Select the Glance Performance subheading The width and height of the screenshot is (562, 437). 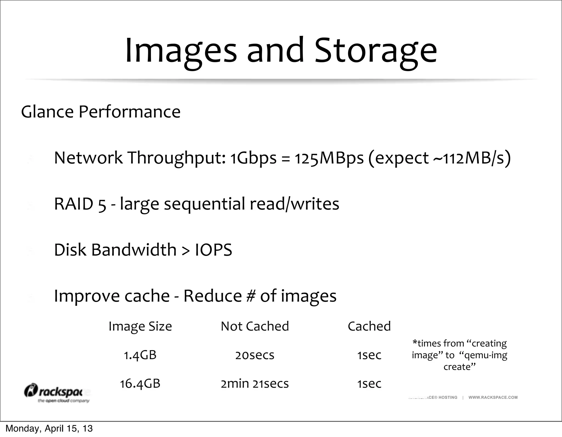pos(101,112)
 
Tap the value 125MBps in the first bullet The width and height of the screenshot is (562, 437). pos(329,158)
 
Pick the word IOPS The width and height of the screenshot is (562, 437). pos(213,250)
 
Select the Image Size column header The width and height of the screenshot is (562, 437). pos(140,326)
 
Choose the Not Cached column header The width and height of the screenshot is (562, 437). pos(255,326)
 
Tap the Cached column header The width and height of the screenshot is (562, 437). pos(369,326)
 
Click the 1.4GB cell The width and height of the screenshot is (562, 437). pos(140,355)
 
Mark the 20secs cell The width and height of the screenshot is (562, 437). pos(255,355)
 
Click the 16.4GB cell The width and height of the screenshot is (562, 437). pos(140,384)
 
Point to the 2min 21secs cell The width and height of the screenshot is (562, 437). pos(255,384)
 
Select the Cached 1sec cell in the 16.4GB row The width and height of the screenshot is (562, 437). pos(369,384)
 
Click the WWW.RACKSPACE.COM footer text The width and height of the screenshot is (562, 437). pos(493,397)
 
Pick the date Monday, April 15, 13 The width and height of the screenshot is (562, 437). pos(49,428)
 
